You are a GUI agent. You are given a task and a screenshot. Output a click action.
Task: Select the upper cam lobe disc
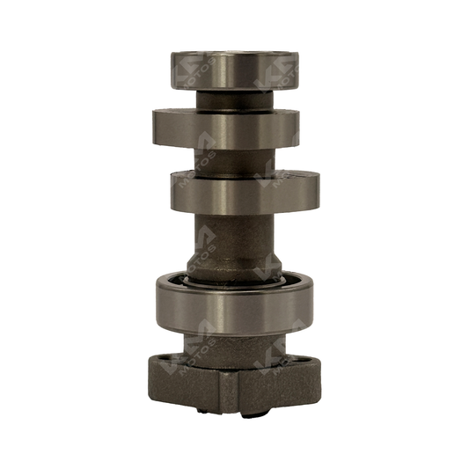pos(226,128)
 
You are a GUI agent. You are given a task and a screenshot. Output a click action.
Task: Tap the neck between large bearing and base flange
pos(234,343)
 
